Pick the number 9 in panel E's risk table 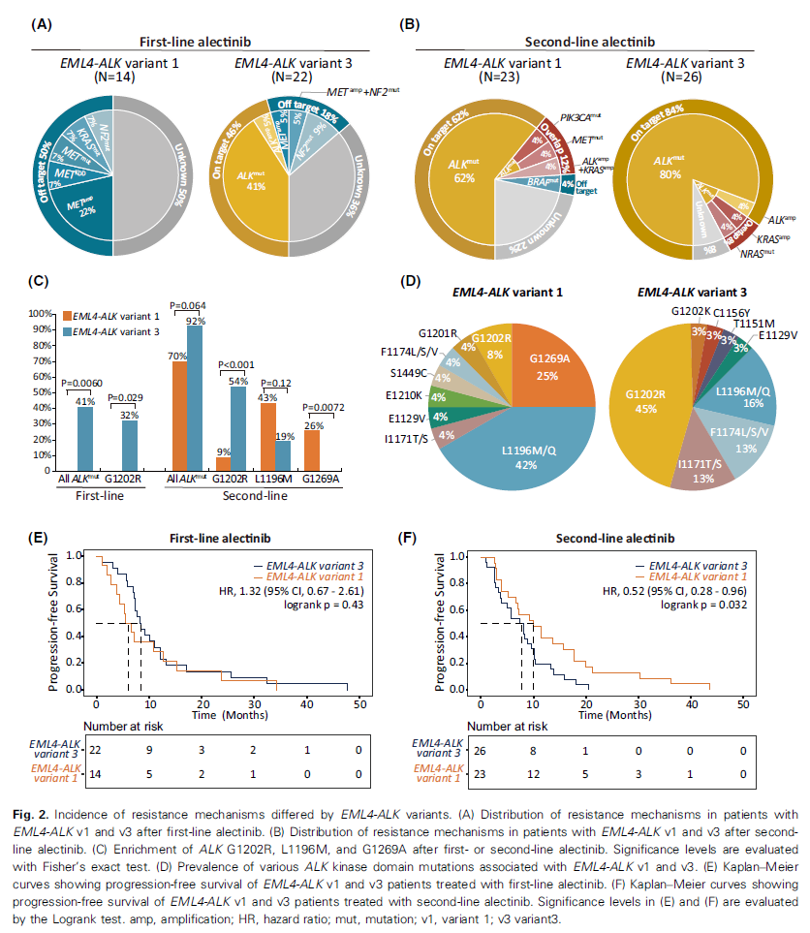click(149, 751)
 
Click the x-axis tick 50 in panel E click(360, 702)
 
